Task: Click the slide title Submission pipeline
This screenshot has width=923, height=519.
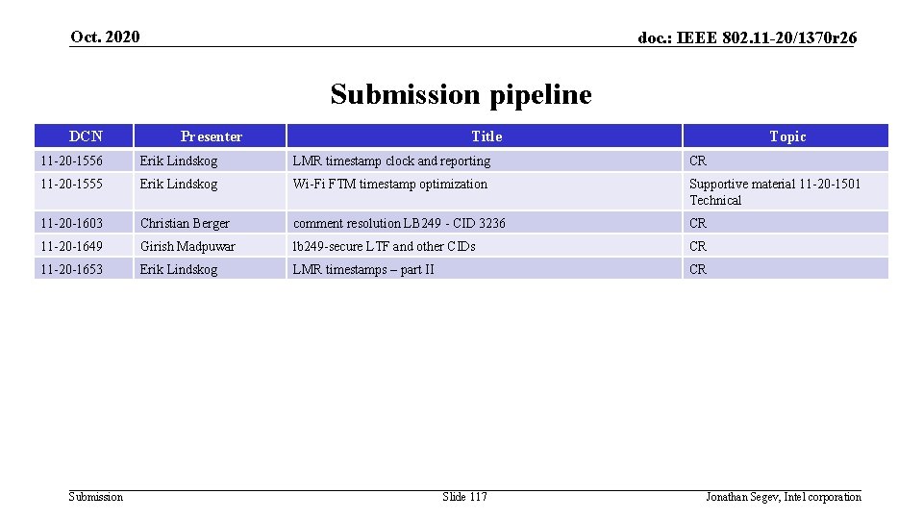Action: click(x=461, y=94)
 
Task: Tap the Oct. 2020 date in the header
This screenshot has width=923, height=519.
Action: click(x=105, y=37)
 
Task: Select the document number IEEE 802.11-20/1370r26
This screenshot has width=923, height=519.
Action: click(x=748, y=37)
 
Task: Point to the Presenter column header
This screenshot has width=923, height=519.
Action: click(x=211, y=136)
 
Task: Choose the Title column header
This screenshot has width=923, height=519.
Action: click(x=486, y=136)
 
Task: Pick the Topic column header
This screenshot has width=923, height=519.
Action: click(x=786, y=136)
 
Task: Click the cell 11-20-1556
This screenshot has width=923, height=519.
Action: click(x=71, y=161)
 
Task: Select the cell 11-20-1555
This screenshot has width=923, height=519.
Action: click(x=71, y=185)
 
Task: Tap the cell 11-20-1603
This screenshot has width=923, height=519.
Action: click(x=71, y=224)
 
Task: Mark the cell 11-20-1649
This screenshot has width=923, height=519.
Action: click(x=71, y=247)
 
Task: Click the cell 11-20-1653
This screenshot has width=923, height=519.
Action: click(x=71, y=270)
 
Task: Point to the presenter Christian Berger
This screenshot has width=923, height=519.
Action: click(x=185, y=224)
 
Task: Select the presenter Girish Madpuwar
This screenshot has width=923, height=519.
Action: click(x=187, y=247)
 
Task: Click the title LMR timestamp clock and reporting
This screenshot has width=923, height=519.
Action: click(x=391, y=161)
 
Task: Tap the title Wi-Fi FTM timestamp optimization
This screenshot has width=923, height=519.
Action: click(x=390, y=185)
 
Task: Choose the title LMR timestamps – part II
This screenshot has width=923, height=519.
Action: click(x=363, y=270)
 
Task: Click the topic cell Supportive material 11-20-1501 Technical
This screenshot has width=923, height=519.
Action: click(x=774, y=192)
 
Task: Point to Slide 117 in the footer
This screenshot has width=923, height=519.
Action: click(x=464, y=497)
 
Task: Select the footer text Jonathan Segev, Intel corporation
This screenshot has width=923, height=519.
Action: click(x=783, y=497)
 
